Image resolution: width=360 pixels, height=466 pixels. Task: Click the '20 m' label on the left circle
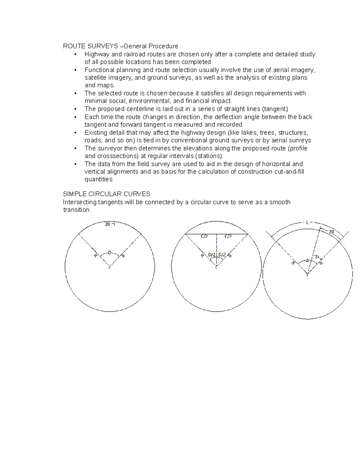[110, 224]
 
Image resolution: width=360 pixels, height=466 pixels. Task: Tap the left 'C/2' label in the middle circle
[204, 236]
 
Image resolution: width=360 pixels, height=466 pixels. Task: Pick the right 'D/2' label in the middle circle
[222, 255]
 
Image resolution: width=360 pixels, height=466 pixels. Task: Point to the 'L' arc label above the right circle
[307, 222]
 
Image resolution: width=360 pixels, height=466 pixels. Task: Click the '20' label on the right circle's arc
[331, 232]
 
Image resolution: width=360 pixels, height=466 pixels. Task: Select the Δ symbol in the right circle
[307, 260]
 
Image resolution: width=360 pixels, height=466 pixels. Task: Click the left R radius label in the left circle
[95, 256]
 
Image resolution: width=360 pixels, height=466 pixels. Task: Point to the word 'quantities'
[98, 179]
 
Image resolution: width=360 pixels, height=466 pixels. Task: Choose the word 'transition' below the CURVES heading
[76, 210]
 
